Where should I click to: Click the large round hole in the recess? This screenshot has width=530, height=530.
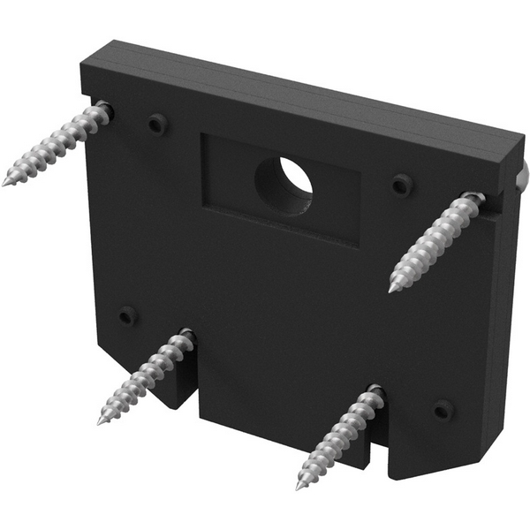284,182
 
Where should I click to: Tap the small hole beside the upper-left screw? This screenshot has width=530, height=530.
156,125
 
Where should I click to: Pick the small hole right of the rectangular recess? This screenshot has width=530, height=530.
402,185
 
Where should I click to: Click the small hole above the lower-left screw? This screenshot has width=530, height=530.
128,315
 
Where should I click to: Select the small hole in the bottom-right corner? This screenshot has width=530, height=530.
443,410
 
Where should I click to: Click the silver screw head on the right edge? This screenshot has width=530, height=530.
522,177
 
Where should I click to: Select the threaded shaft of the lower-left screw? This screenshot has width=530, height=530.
146,375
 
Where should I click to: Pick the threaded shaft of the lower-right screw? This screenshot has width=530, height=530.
340,437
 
